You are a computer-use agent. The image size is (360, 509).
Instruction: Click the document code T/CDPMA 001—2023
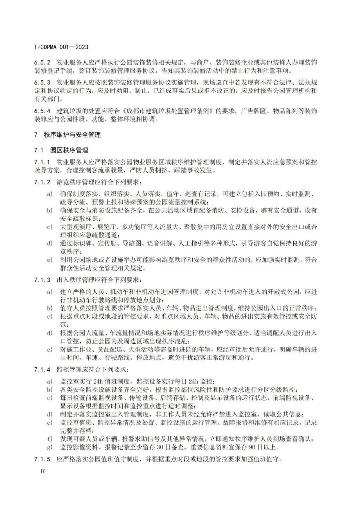[61, 47]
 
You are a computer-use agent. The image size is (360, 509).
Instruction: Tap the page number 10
[42, 471]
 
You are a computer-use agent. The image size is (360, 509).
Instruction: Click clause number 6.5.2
[42, 63]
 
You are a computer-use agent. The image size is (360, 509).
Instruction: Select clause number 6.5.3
[42, 82]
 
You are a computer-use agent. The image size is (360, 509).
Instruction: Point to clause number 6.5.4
[42, 111]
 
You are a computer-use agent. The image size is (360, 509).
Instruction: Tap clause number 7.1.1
[42, 162]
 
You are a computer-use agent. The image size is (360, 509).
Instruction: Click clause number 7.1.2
[42, 182]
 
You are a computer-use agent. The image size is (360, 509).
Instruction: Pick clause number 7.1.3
[42, 280]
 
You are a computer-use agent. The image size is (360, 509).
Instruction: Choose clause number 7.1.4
[42, 370]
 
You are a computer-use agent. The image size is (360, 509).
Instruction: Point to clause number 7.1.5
[42, 459]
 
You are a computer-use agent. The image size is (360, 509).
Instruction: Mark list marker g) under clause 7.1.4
[50, 447]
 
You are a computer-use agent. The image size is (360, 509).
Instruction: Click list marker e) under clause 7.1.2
[50, 260]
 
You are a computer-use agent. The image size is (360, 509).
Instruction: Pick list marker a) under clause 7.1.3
[50, 292]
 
